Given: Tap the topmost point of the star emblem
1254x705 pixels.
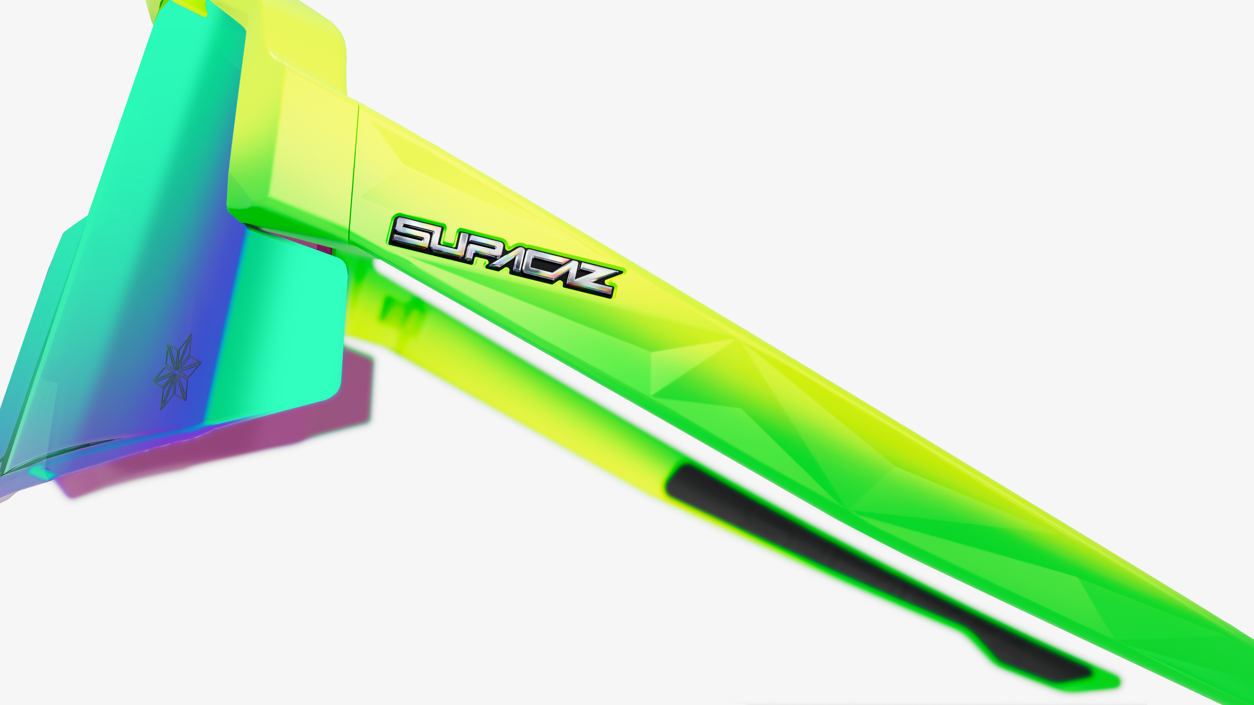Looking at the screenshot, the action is click(190, 335).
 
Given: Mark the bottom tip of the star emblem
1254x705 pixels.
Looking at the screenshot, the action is click(162, 409).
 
